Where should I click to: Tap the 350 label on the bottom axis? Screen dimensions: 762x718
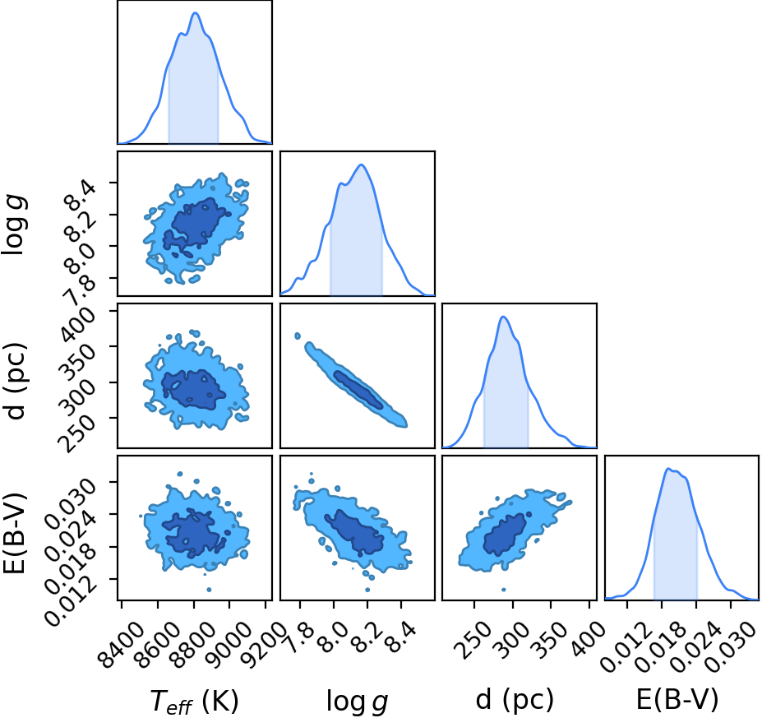coord(549,637)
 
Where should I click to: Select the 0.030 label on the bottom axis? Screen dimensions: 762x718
coord(729,646)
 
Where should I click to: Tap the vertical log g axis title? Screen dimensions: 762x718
coord(14,224)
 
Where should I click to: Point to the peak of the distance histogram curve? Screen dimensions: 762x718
coord(503,317)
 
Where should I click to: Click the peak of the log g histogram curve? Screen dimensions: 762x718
coord(361,164)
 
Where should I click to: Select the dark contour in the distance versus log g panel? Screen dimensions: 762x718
coord(358,389)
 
